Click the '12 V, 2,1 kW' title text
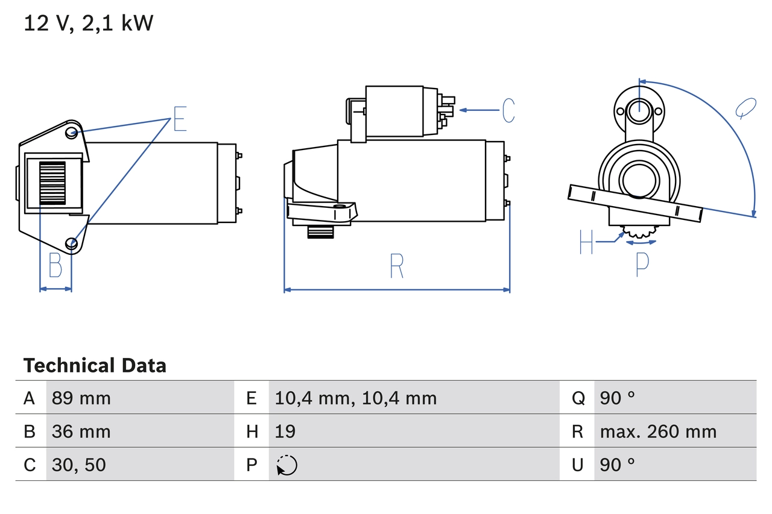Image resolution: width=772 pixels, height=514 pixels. [88, 24]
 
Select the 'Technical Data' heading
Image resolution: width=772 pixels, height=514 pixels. [95, 366]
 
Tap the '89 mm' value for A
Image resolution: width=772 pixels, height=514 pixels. [81, 398]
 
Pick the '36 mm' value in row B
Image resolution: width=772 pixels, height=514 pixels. [81, 431]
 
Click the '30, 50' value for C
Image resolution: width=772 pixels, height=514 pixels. [79, 465]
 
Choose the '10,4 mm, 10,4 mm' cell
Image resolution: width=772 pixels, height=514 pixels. [355, 398]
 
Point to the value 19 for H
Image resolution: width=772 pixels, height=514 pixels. [285, 431]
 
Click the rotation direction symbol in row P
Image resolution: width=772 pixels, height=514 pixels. [286, 465]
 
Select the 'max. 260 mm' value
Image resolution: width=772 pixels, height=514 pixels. [658, 431]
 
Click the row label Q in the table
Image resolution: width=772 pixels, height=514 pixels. [578, 398]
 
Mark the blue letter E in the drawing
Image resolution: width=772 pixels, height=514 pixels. [180, 119]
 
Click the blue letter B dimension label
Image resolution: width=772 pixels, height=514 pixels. [55, 266]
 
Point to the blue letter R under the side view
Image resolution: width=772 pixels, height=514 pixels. [396, 266]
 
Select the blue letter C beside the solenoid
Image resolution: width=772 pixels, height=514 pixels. [508, 110]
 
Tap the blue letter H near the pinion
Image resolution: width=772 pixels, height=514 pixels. [586, 242]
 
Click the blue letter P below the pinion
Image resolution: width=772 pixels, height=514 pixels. [642, 264]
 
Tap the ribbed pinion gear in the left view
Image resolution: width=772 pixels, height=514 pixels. [52, 184]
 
